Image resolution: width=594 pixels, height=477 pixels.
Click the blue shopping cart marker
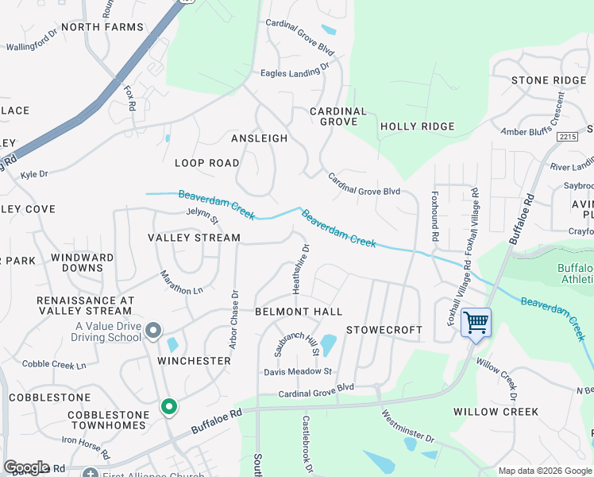(476, 323)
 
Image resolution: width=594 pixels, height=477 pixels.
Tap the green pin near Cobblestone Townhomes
(168, 407)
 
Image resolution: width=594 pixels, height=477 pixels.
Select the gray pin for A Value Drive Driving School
(154, 329)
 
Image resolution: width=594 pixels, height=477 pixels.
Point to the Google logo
(26, 467)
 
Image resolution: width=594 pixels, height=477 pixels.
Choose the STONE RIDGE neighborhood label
(548, 80)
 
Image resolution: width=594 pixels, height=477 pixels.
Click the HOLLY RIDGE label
(417, 126)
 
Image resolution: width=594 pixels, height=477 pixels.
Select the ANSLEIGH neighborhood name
(259, 138)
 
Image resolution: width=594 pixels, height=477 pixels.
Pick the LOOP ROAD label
(206, 163)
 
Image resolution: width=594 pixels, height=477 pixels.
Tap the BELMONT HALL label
(298, 312)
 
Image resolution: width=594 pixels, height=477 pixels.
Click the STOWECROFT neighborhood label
(384, 329)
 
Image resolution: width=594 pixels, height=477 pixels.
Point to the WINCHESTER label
(194, 361)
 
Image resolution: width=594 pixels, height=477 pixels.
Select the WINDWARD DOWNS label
(82, 263)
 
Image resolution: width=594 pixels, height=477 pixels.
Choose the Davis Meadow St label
(298, 371)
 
